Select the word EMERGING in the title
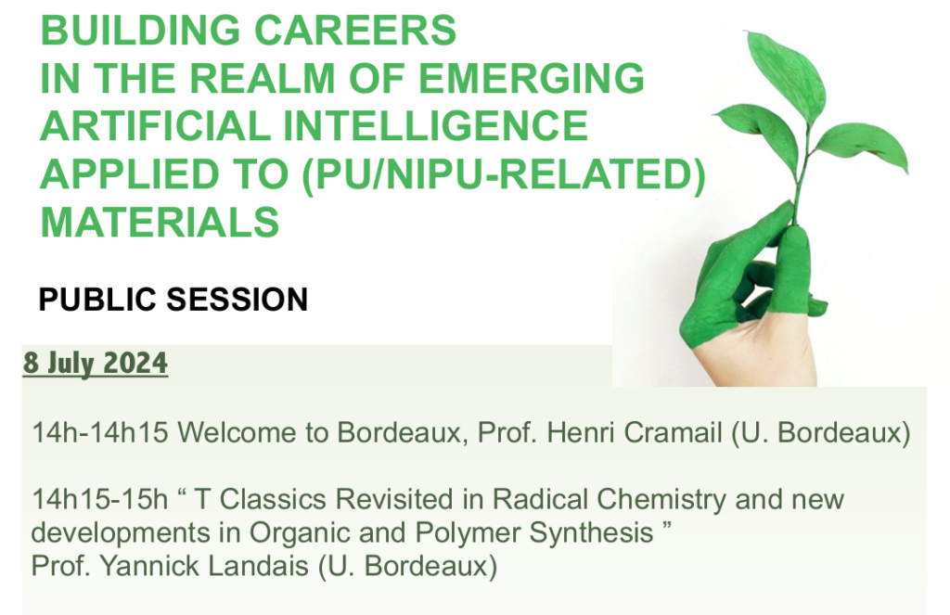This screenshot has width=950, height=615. pos(532,78)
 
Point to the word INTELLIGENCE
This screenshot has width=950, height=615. pos(436,126)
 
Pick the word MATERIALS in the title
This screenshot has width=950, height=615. pos(160,222)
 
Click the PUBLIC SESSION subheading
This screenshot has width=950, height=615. pos(173,300)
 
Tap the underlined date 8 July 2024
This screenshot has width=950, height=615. pos(96,364)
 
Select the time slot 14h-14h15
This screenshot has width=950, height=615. pos(99,433)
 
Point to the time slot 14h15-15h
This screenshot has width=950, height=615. pos(99,500)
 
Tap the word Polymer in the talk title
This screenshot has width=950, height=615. pos(468,533)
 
